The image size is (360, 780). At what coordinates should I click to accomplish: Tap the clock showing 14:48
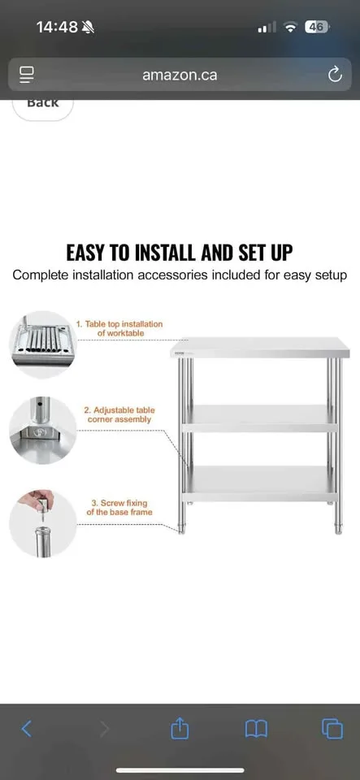click(x=57, y=27)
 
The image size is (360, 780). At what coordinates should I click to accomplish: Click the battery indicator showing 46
click(x=317, y=27)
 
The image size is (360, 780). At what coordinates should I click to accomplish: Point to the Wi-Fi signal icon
click(x=290, y=27)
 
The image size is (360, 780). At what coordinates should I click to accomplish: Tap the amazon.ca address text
click(x=180, y=75)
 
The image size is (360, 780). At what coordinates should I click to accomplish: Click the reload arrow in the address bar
click(x=334, y=75)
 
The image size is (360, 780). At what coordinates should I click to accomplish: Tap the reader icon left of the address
click(x=27, y=75)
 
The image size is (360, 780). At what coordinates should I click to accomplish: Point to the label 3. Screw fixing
click(x=120, y=508)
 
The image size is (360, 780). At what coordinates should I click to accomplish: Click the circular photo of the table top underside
click(x=42, y=344)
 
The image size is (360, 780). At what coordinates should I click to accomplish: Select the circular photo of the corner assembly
click(x=42, y=431)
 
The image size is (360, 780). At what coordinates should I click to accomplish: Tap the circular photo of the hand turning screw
click(x=42, y=523)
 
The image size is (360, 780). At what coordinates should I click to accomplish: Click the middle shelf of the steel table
click(x=258, y=418)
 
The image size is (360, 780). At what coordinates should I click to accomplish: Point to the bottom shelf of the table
click(x=258, y=481)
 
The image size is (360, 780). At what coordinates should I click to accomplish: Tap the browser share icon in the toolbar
click(x=180, y=728)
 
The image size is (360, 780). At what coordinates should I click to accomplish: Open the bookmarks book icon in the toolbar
click(x=256, y=728)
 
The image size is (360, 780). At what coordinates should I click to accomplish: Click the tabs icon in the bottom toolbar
click(x=332, y=728)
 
